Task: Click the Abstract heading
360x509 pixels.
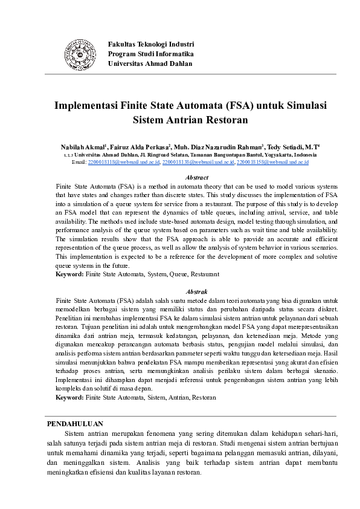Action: [197, 178]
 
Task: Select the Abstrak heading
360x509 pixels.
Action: [197, 290]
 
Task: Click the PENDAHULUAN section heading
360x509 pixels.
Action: [75, 424]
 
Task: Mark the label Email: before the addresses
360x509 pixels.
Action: [79, 162]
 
